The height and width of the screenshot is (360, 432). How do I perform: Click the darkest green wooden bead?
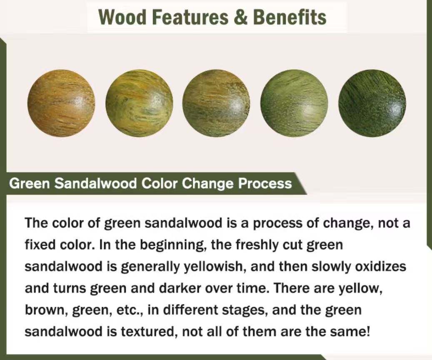[372, 103]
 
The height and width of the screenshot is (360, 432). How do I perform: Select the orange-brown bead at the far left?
[61, 103]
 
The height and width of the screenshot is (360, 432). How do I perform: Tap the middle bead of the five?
[217, 103]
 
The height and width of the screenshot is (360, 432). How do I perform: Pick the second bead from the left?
[139, 103]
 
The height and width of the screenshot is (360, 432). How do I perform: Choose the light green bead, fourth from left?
[294, 103]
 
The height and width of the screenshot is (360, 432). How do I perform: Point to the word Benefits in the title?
[290, 17]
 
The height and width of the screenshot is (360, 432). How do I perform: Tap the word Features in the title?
[190, 17]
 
